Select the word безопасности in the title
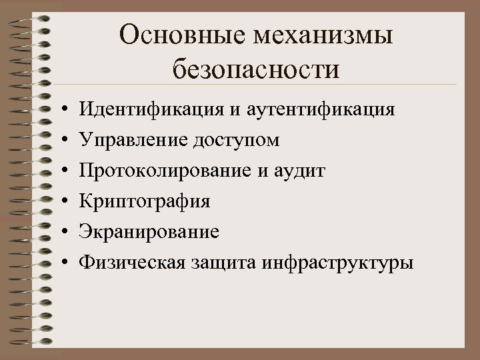255,69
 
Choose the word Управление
133,139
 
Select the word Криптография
145,201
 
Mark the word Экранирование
149,232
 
